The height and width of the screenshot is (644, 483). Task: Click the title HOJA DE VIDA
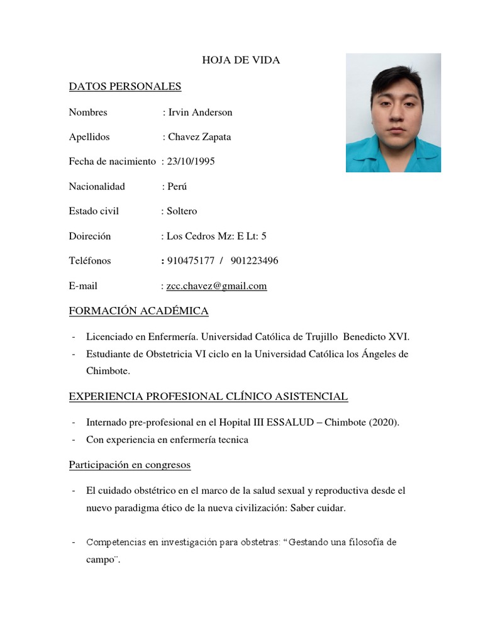click(241, 60)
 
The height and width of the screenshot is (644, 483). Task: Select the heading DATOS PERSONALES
click(125, 86)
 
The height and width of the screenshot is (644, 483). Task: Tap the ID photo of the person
click(393, 113)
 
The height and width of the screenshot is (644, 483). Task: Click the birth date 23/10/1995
click(191, 162)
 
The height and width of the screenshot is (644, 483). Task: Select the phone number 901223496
click(255, 261)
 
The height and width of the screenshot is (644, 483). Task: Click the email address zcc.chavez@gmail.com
click(216, 286)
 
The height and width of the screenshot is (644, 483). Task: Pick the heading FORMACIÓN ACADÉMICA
click(138, 311)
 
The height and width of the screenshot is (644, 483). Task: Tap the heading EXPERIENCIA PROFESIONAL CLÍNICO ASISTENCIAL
click(208, 396)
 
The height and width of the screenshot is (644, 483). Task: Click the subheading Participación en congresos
click(130, 465)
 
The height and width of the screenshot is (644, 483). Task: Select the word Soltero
click(182, 211)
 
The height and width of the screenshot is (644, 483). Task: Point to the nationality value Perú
click(177, 187)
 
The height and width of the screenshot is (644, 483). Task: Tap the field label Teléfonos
click(90, 261)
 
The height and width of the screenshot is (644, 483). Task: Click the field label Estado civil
click(94, 211)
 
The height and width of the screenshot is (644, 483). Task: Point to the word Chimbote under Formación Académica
click(108, 372)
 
